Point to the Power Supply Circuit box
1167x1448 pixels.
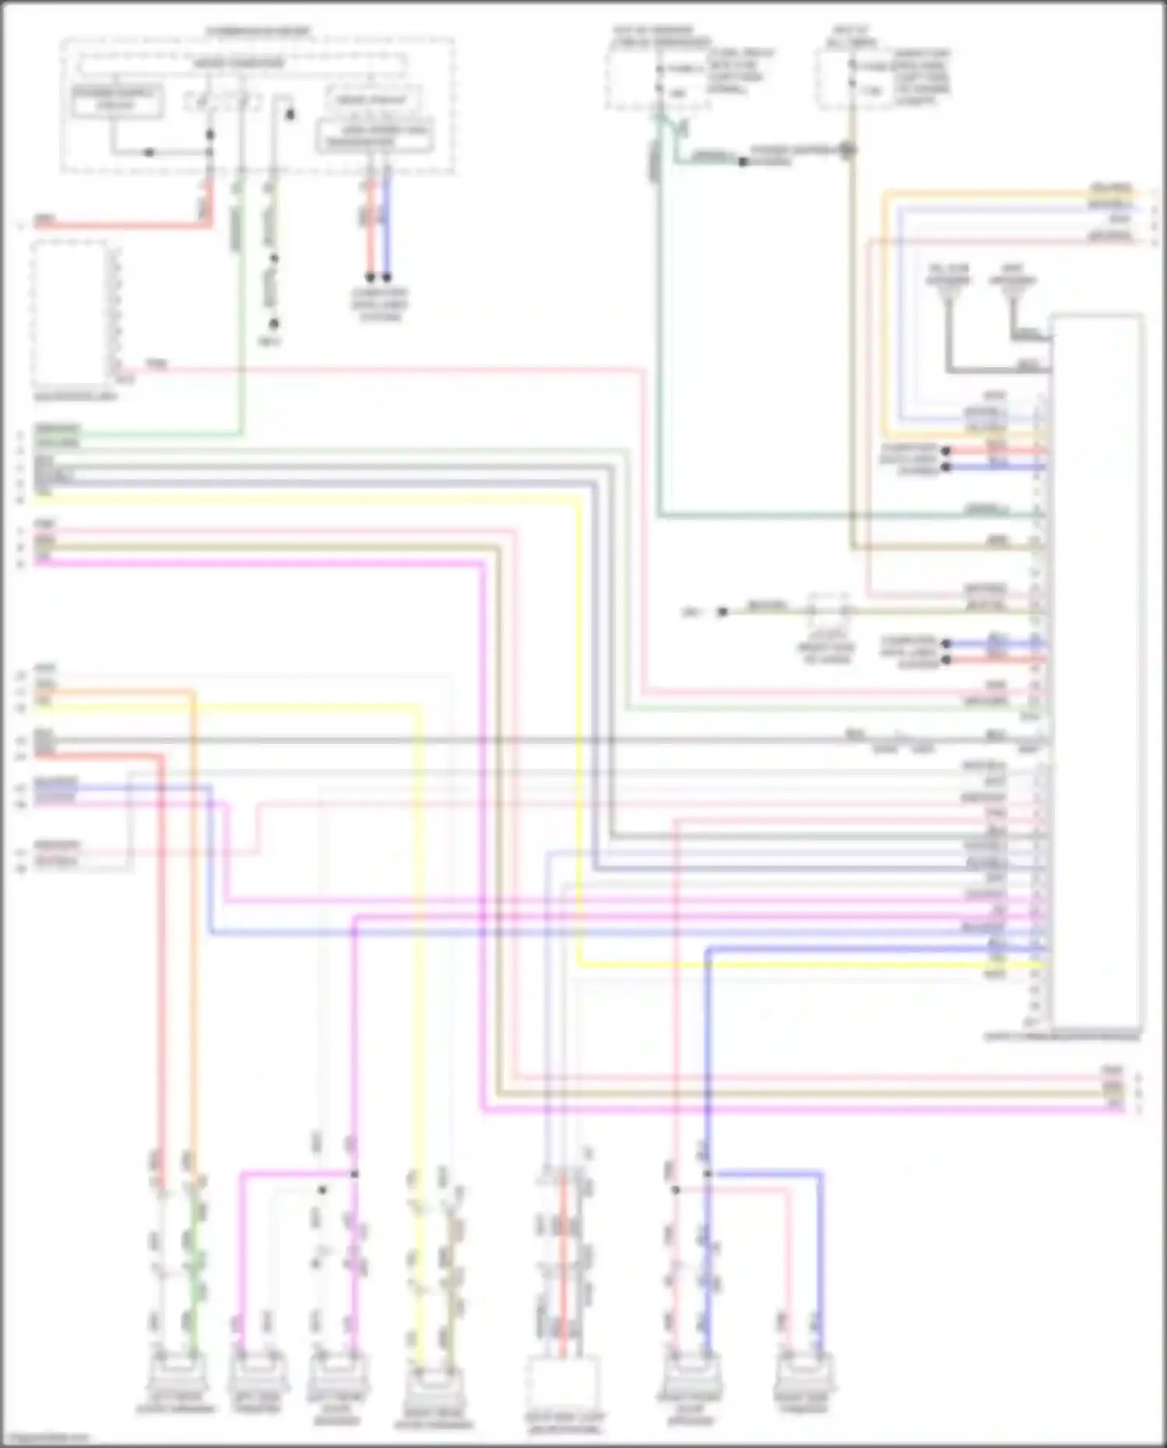tap(117, 101)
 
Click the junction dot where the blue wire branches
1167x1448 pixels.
tap(707, 1173)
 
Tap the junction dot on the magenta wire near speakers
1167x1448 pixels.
tap(354, 1173)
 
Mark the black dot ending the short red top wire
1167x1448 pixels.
tap(370, 277)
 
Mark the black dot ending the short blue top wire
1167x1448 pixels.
tap(387, 277)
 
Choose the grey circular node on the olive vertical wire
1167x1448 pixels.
tap(848, 150)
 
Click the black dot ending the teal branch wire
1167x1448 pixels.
tap(743, 162)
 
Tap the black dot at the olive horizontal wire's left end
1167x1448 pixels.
tap(722, 612)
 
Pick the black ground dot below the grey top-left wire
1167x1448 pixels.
tap(274, 324)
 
